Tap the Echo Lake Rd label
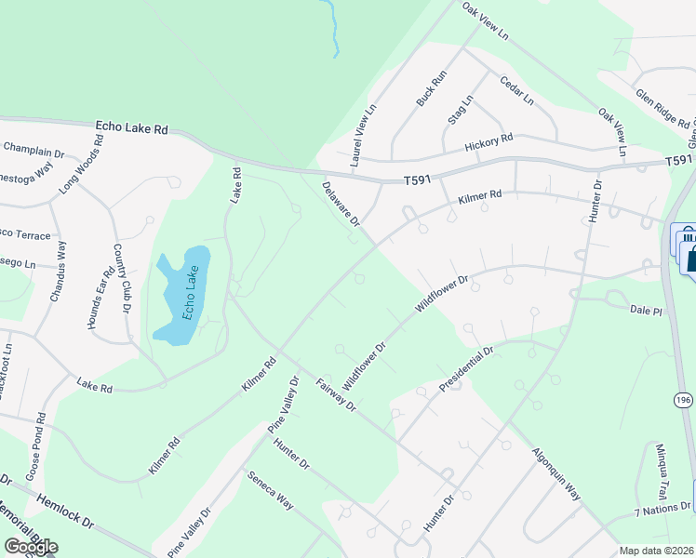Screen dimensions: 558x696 point(131,128)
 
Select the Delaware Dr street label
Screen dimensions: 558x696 point(341,204)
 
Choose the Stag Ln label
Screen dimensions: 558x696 point(460,110)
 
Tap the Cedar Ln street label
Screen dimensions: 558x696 point(516,89)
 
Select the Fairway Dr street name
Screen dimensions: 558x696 point(336,394)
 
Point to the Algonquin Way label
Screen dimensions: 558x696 point(556,474)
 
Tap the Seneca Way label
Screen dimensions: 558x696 point(271,491)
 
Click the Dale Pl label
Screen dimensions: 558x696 point(644,309)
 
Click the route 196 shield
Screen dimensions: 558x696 point(685,399)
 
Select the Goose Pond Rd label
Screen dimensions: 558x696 point(40,441)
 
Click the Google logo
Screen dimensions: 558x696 point(30,547)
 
